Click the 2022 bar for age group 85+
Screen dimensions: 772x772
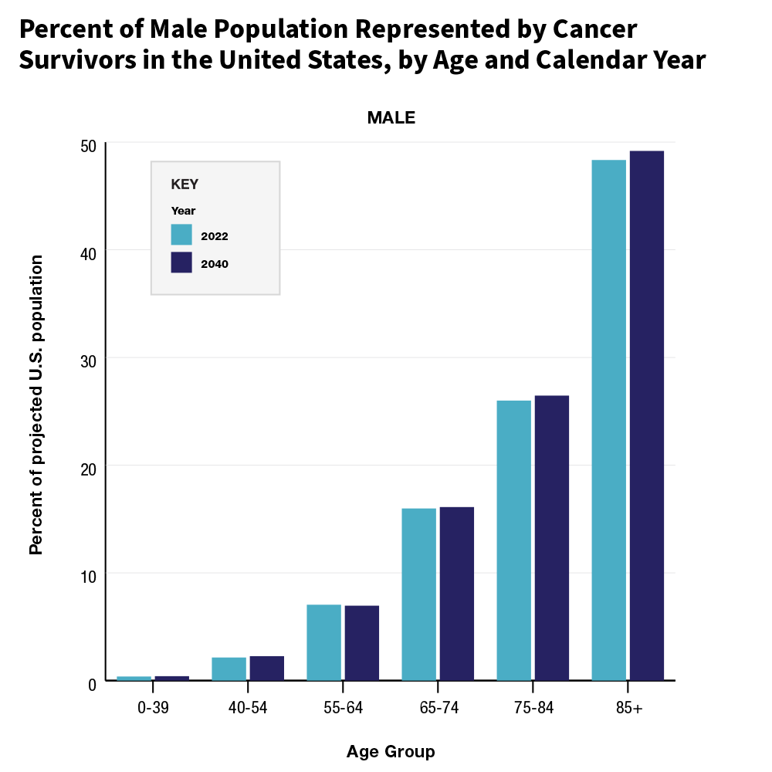[x=608, y=420]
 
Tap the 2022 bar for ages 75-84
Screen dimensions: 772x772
[x=513, y=540]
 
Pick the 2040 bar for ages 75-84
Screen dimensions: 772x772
[x=551, y=538]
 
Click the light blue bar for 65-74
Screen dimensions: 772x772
[x=418, y=594]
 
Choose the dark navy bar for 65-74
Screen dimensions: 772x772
[x=456, y=594]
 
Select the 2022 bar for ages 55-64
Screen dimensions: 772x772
[x=323, y=642]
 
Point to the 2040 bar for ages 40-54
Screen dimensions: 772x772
[x=266, y=669]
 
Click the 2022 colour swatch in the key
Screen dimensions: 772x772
[x=181, y=235]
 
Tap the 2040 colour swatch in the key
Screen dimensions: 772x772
[x=181, y=262]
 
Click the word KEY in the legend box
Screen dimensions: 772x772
[x=185, y=185]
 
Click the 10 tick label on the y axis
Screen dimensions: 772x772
[x=89, y=576]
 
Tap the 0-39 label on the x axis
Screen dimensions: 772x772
[x=152, y=708]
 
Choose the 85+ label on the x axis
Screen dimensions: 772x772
[x=628, y=708]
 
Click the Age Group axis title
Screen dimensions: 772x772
[x=390, y=751]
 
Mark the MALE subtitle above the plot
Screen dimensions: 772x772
[x=391, y=118]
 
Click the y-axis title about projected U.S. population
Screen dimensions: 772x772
[x=36, y=405]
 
